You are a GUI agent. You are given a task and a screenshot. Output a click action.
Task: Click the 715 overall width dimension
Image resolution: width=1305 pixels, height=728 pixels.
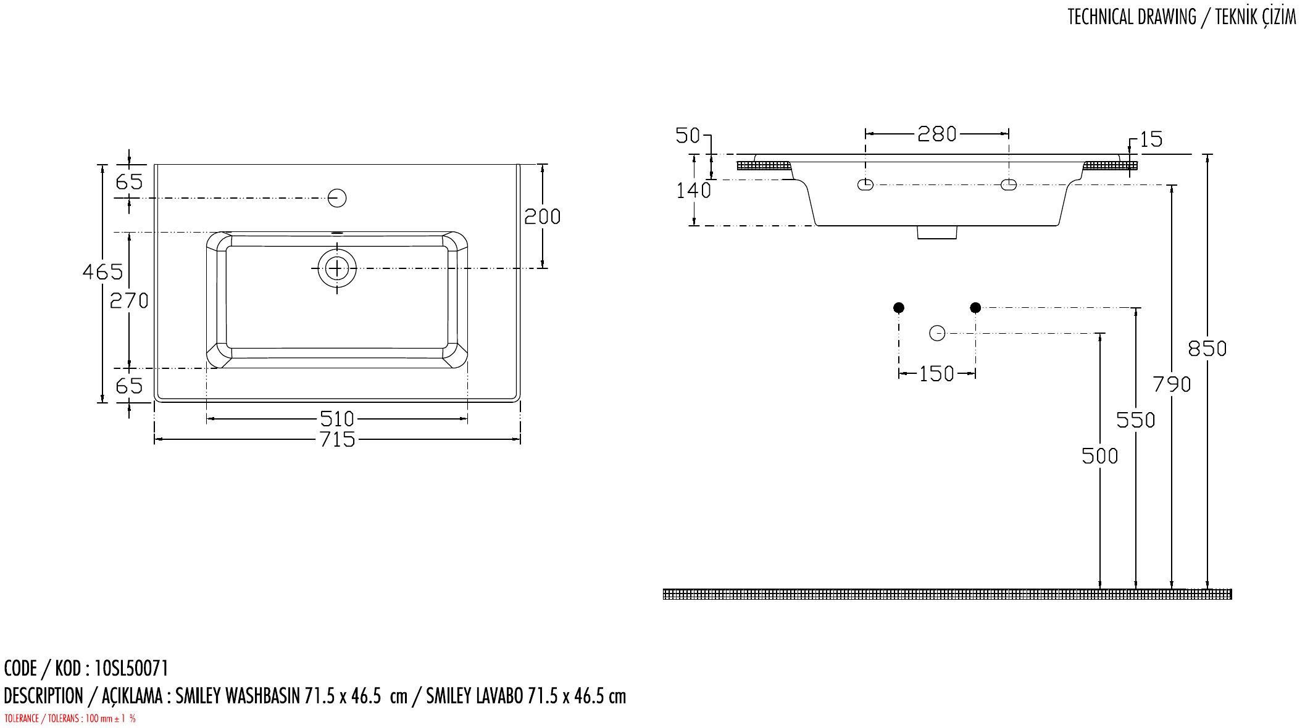click(x=338, y=439)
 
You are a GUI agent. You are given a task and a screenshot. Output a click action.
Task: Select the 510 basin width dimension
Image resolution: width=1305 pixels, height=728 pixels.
click(x=338, y=420)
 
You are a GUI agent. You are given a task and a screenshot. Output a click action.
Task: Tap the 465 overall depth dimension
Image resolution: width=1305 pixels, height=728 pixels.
click(x=103, y=271)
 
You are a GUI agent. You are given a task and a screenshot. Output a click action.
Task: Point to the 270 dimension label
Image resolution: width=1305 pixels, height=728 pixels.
click(x=129, y=300)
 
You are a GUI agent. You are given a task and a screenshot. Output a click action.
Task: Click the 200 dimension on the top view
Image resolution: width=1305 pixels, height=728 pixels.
click(x=542, y=217)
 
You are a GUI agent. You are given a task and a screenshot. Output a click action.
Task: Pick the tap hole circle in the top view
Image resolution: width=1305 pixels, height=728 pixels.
click(x=337, y=198)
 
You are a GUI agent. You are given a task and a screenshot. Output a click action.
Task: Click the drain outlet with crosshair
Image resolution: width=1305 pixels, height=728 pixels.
click(x=337, y=268)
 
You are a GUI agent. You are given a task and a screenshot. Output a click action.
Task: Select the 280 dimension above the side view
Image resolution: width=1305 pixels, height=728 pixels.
click(x=936, y=134)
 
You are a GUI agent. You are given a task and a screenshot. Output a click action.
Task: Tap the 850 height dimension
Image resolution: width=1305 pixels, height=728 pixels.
click(x=1207, y=349)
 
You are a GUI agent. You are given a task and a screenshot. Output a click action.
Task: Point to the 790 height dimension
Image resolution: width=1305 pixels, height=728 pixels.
click(x=1172, y=385)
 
